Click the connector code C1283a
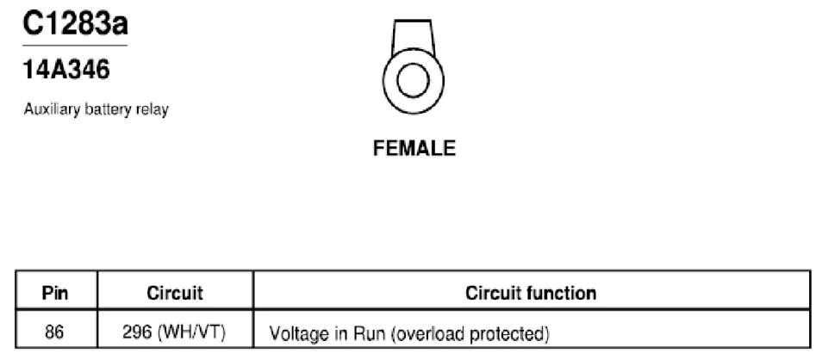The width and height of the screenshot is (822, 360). (x=75, y=23)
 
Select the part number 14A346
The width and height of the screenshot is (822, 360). (x=66, y=70)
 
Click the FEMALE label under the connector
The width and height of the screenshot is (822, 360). (x=414, y=148)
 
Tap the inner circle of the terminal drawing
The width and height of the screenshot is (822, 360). (x=413, y=81)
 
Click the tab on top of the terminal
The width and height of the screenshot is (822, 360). (x=413, y=37)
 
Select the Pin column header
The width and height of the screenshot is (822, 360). (x=55, y=293)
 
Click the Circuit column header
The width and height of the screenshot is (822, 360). (x=175, y=293)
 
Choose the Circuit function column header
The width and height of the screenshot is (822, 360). (x=531, y=293)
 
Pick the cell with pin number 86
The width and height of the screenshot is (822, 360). (x=54, y=332)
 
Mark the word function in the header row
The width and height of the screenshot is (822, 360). (x=564, y=293)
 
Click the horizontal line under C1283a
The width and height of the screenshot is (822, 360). (x=75, y=46)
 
